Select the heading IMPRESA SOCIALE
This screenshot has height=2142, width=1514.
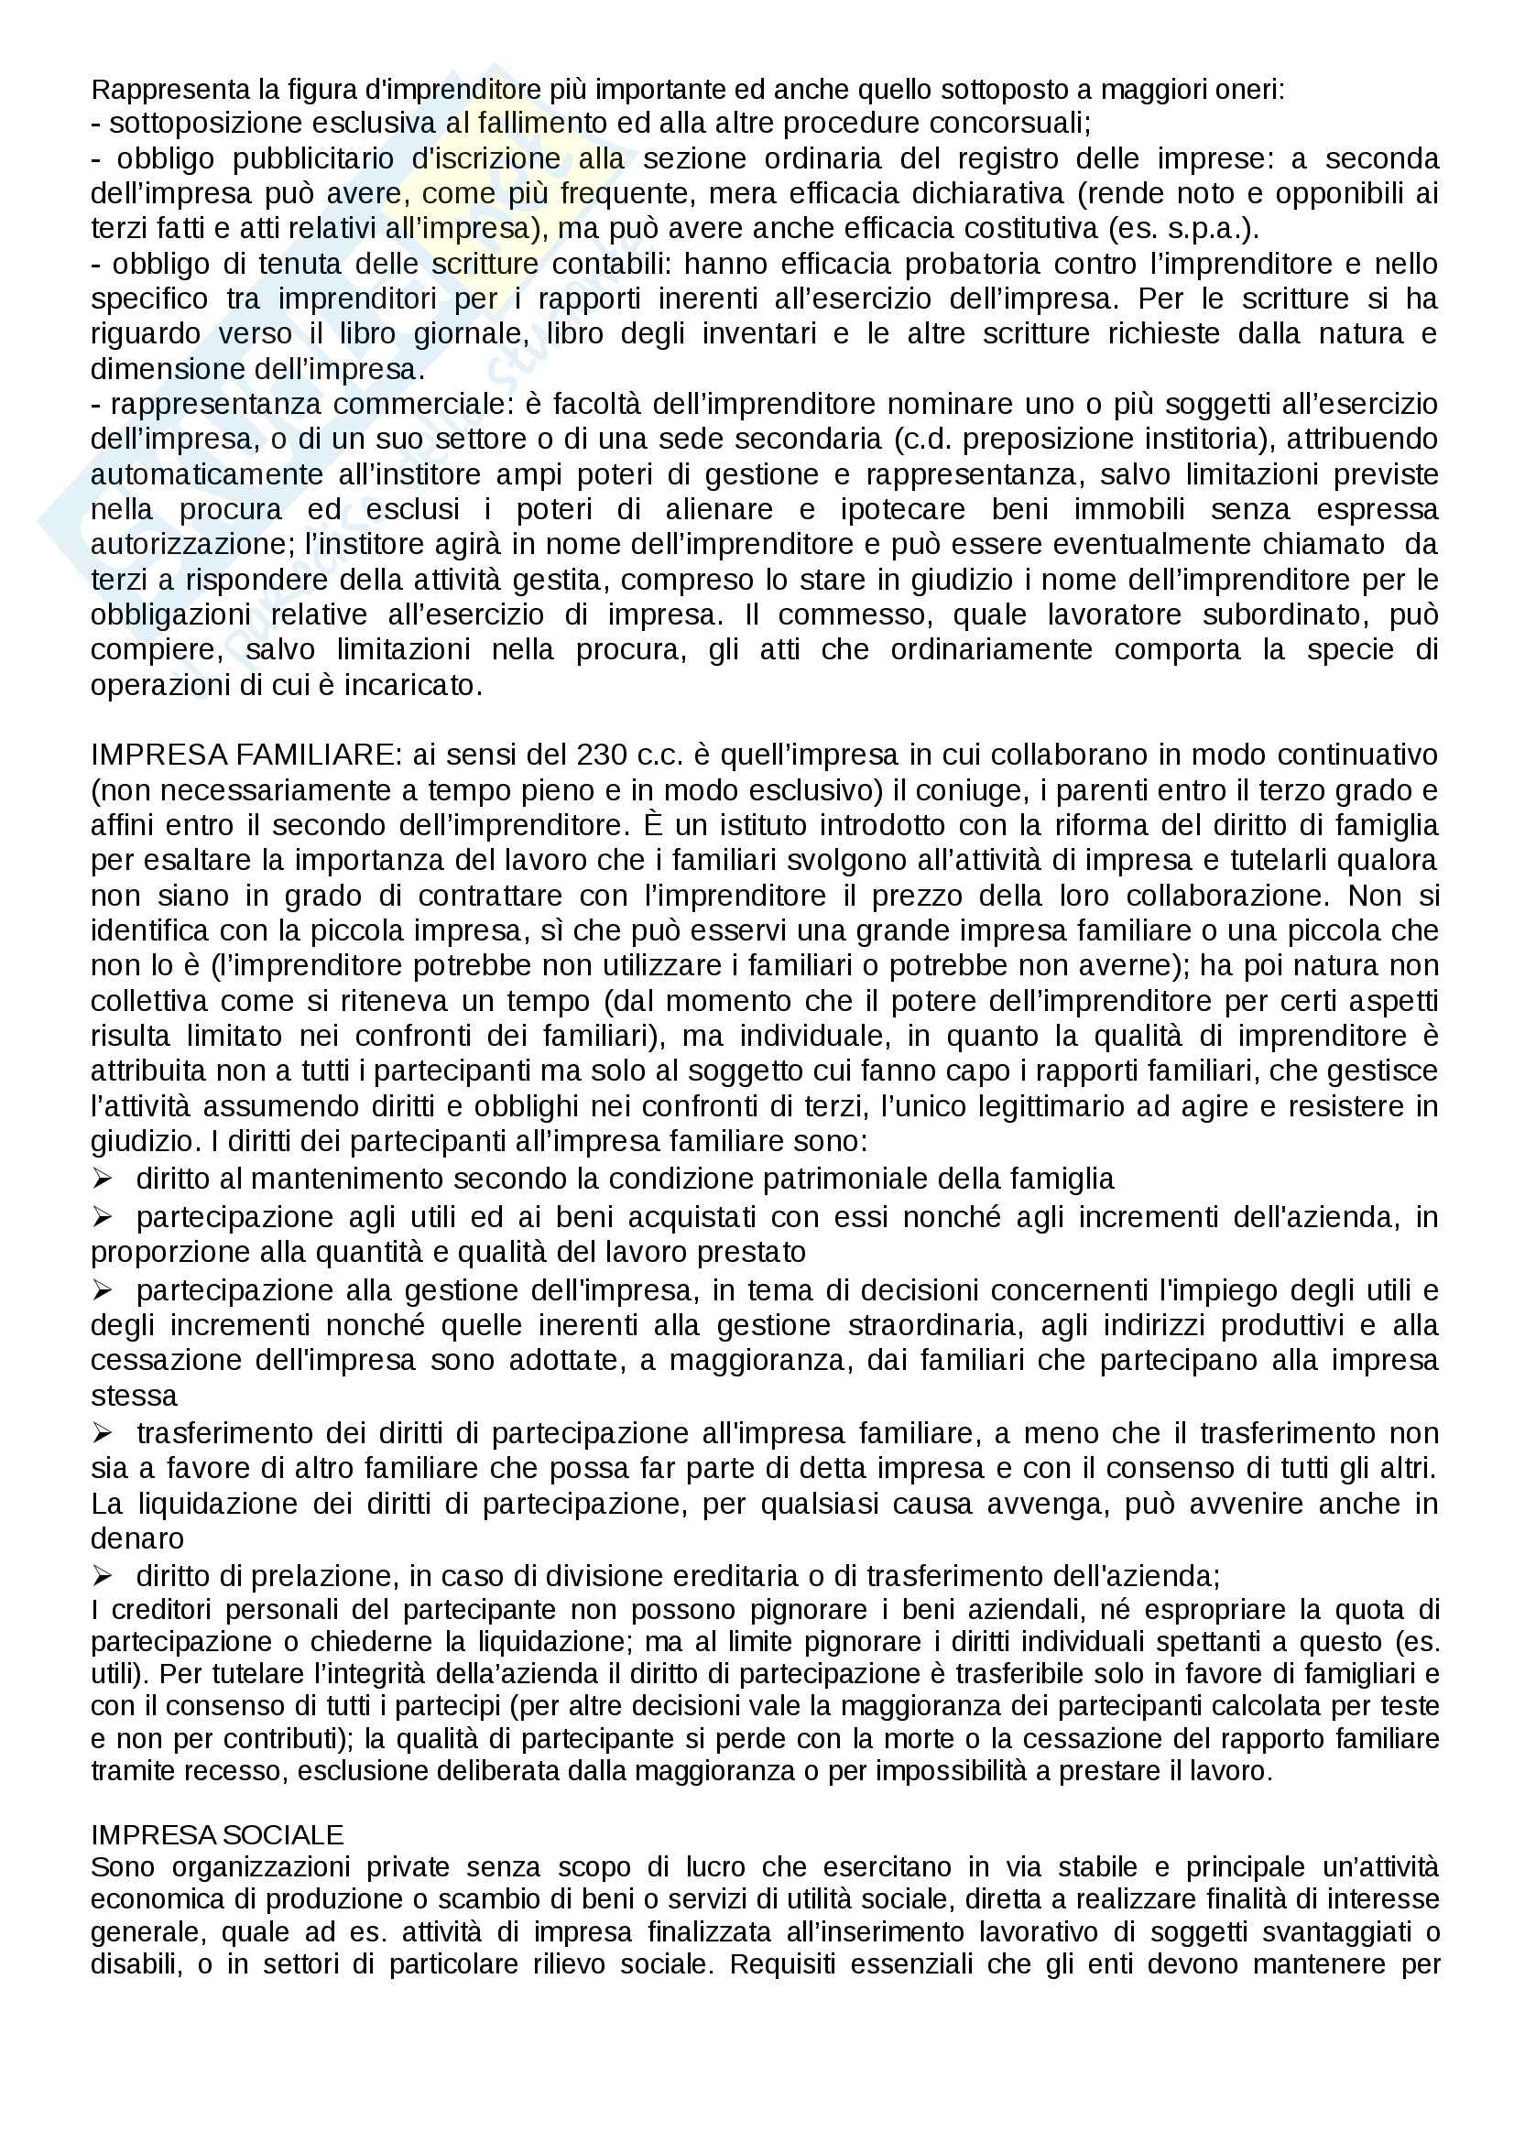217,1835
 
